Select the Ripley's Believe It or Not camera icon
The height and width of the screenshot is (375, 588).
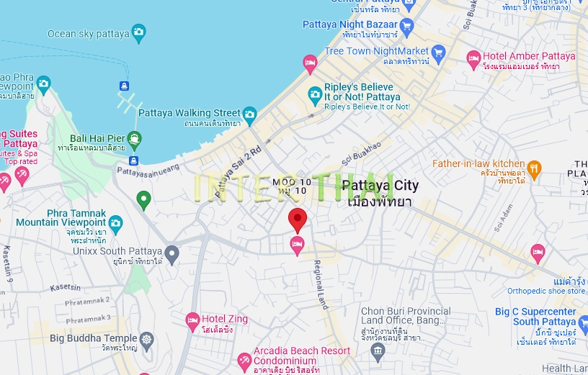pos(315,94)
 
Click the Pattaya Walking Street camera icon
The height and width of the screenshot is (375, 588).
pos(249,113)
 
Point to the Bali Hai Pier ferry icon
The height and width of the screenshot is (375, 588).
pos(134,138)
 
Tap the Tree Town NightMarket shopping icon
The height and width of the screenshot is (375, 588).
pos(438,51)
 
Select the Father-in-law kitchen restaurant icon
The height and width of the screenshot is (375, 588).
pos(534,168)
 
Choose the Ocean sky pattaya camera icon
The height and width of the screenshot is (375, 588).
pos(138,33)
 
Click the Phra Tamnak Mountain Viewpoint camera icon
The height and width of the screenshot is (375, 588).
pos(115,222)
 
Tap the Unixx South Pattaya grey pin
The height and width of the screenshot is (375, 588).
pos(171,253)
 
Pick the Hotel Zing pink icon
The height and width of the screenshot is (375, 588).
pos(192,319)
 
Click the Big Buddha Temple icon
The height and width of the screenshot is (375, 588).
pos(147,338)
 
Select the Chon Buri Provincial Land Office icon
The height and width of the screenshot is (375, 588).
pos(378,350)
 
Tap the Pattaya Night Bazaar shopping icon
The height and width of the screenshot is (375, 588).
pos(406,28)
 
